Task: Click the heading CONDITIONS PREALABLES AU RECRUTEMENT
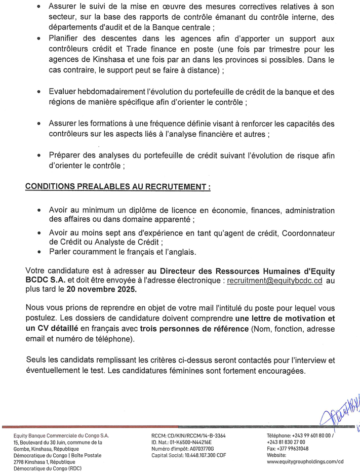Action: click(117, 186)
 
